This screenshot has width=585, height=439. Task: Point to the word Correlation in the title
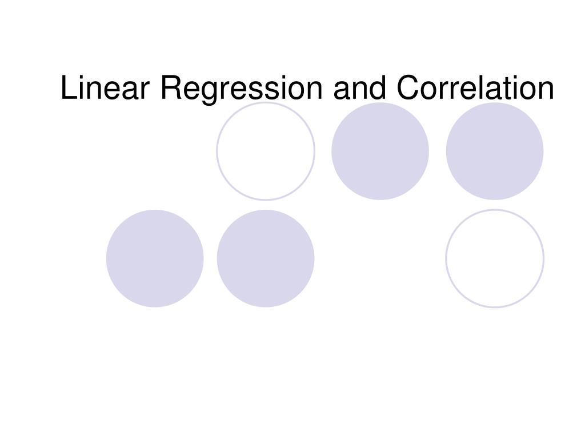(475, 89)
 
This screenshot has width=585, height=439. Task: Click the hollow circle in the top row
(266, 151)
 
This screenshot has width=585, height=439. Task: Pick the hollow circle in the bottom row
(495, 258)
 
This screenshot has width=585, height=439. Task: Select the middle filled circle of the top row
(380, 151)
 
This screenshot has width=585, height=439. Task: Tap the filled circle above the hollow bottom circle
(495, 151)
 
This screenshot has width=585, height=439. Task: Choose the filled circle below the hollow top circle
(266, 258)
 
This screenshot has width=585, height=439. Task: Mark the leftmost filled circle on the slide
(155, 258)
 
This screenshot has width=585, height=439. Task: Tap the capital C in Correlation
(410, 89)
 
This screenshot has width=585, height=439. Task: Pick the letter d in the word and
(377, 89)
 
